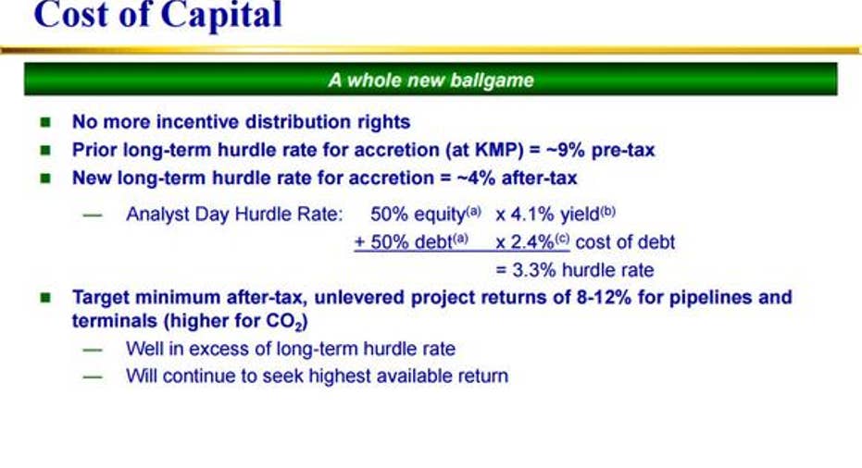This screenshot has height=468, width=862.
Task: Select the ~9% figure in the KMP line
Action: coord(566,150)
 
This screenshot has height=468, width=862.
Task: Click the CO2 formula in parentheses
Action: coord(285,321)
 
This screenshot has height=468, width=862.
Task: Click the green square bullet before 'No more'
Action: coord(45,122)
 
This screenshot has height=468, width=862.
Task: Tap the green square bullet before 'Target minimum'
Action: coord(45,298)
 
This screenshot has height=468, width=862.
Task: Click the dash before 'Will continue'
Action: coord(93,376)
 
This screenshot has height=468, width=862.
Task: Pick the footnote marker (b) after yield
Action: coord(607,211)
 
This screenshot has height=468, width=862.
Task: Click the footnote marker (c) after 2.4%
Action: coord(561,239)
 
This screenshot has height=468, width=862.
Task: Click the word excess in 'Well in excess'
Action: coord(217,349)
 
